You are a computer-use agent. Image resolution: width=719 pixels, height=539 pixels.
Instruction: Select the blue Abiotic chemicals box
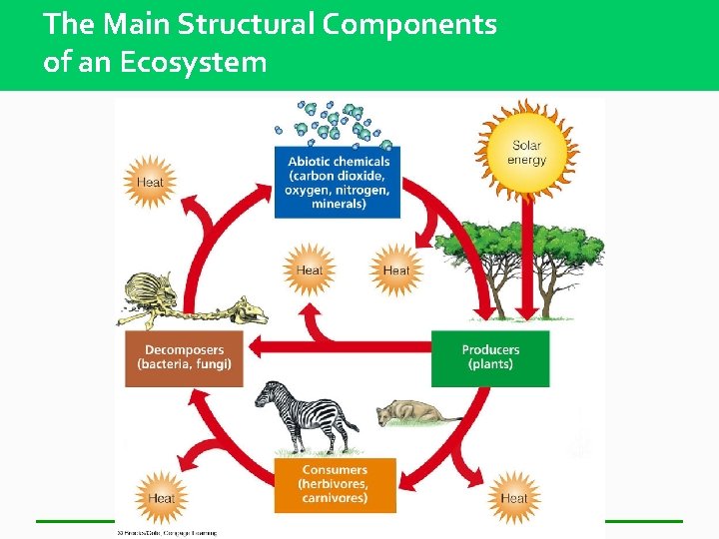coord(337,182)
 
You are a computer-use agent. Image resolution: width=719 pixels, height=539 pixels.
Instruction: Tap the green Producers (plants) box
coord(490,357)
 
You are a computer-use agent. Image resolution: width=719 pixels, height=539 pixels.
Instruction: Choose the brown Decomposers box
coord(185,357)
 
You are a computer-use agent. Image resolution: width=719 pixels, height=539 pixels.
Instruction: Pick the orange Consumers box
coord(335,484)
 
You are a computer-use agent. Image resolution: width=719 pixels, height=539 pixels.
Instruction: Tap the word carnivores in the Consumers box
coord(335,498)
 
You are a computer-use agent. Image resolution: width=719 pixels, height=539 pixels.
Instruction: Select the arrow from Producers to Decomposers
coord(340,347)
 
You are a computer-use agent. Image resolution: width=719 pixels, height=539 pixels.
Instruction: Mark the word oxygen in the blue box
coord(308,190)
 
